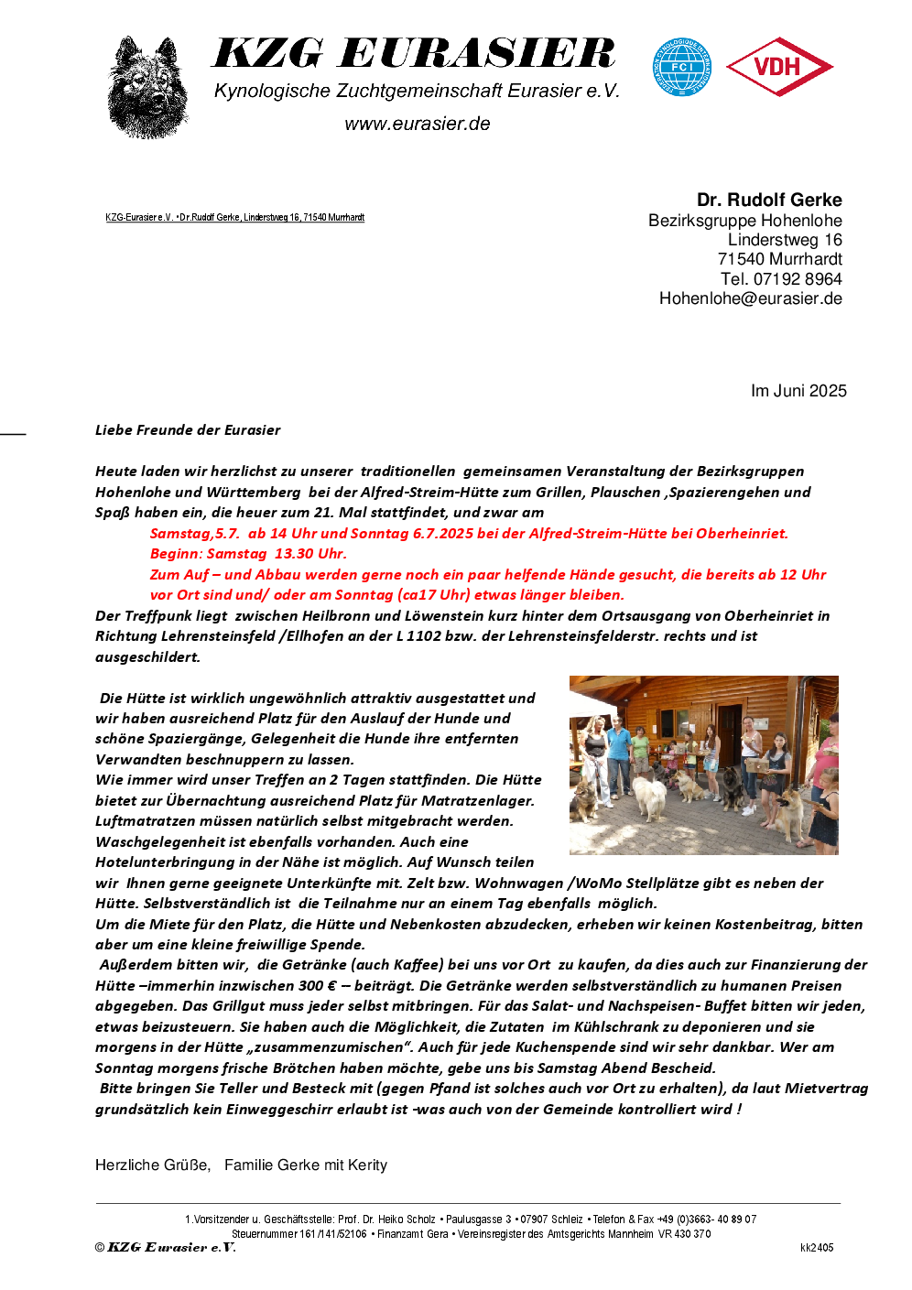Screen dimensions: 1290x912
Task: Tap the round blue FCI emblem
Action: (x=681, y=67)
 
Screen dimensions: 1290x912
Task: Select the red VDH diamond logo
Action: (x=778, y=67)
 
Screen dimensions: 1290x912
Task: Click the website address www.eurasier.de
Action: (x=418, y=124)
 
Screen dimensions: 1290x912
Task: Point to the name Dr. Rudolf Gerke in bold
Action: (x=769, y=200)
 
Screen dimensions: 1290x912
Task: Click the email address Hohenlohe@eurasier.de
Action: (x=750, y=298)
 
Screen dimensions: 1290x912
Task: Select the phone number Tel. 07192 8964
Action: (x=781, y=279)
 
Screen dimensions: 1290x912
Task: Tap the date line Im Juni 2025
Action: (x=798, y=391)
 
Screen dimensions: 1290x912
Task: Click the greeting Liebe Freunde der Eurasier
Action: (x=188, y=430)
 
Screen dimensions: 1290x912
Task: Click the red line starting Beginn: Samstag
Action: (x=248, y=554)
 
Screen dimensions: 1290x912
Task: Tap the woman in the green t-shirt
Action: (x=641, y=751)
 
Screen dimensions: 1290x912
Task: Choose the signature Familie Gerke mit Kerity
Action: (x=306, y=1165)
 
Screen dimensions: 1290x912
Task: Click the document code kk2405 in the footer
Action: (x=817, y=1248)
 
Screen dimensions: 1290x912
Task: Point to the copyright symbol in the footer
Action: (x=100, y=1248)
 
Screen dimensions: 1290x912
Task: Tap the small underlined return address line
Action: (x=234, y=218)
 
